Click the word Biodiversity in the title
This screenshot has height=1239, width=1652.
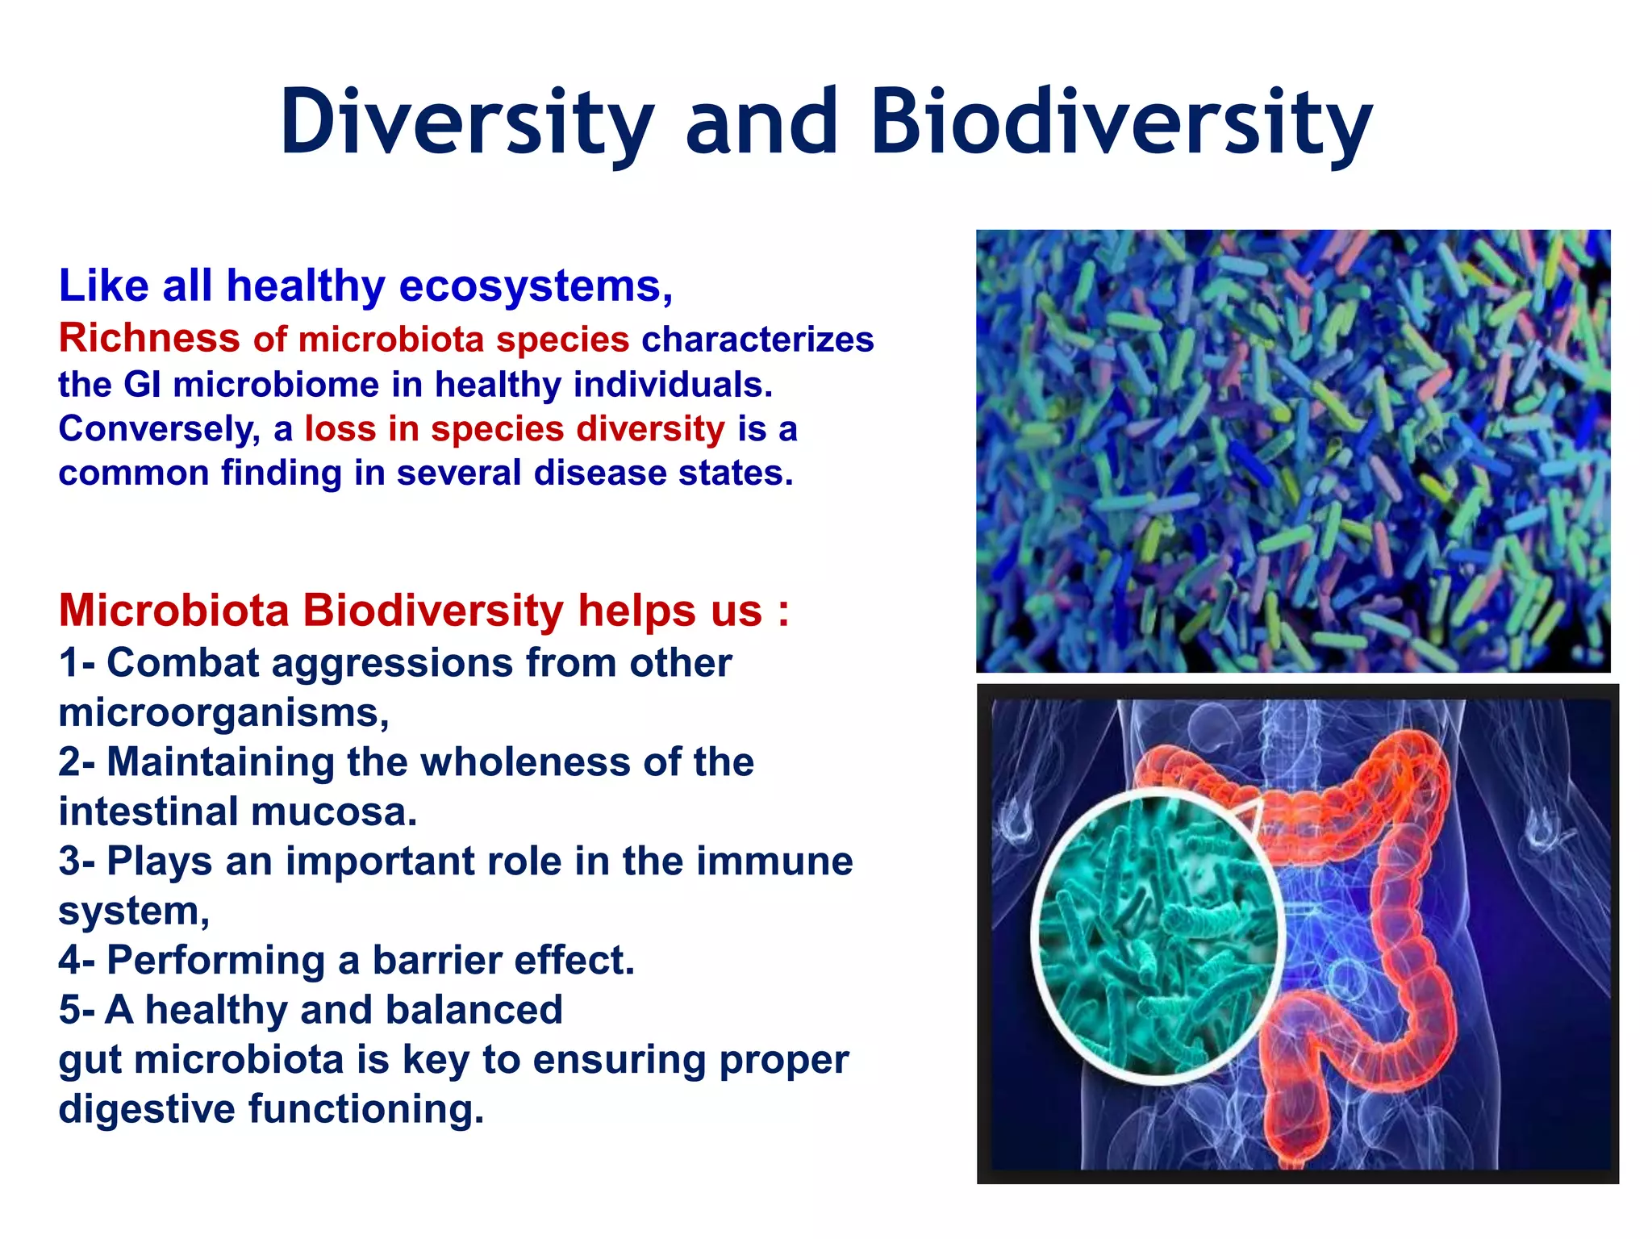click(1121, 123)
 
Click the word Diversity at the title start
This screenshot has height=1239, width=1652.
click(467, 123)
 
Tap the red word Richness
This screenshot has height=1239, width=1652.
click(149, 338)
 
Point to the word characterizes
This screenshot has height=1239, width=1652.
click(757, 340)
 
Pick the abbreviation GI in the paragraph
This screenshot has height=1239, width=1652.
click(142, 385)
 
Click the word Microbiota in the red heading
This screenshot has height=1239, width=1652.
click(173, 611)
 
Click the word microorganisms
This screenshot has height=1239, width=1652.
click(223, 713)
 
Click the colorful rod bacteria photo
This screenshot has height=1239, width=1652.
click(1292, 451)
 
